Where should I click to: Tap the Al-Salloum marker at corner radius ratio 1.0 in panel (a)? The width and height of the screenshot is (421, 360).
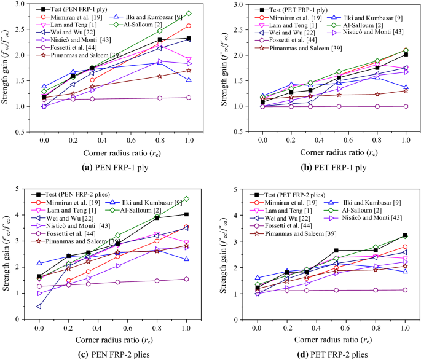point(189,14)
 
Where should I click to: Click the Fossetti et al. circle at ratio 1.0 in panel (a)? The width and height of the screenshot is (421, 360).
point(189,97)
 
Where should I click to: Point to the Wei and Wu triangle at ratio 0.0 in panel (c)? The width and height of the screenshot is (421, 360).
point(39,307)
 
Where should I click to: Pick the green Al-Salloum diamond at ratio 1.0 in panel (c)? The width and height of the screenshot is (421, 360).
point(186,199)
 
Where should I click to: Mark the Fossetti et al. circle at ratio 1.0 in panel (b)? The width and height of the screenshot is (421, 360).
point(406,106)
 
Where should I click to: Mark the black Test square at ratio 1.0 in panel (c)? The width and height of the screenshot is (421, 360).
point(186,214)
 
